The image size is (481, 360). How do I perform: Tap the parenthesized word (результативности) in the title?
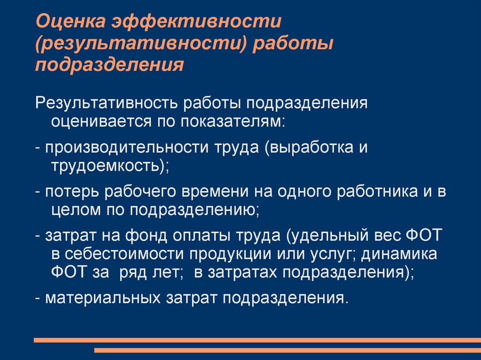141,43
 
